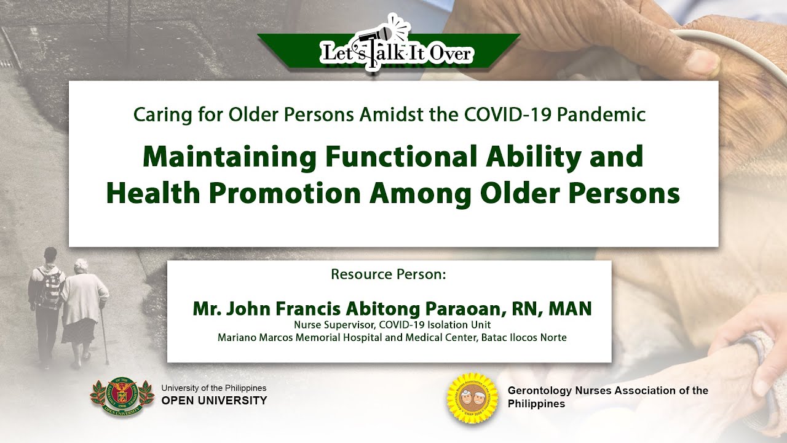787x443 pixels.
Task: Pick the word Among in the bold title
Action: tap(421, 194)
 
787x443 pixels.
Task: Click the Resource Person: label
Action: tap(388, 274)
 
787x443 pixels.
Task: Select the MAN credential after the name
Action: tap(570, 308)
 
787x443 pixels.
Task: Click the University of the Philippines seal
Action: tap(122, 397)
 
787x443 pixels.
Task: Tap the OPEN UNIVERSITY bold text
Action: tap(215, 401)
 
